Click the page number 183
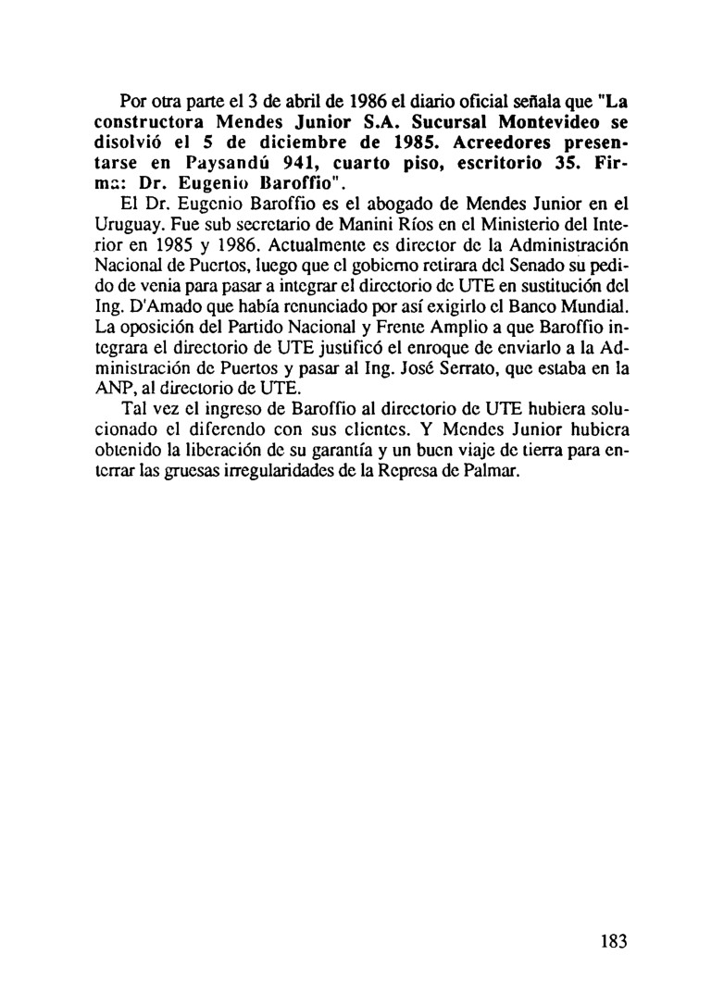tap(613, 942)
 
